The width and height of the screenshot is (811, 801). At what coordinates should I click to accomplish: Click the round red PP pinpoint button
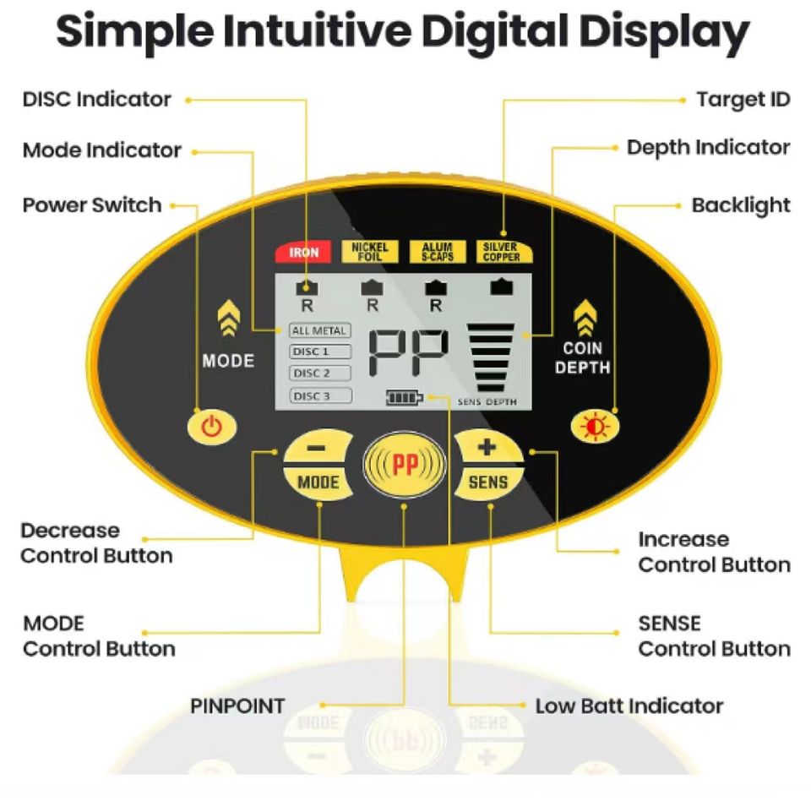tap(405, 466)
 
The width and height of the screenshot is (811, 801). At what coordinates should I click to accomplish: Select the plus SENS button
tap(488, 466)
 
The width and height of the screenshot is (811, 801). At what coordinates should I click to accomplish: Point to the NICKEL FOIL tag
tap(369, 252)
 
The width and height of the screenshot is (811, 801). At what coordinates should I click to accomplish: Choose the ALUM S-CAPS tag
tap(437, 252)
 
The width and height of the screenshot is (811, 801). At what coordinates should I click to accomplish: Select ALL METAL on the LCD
tap(318, 331)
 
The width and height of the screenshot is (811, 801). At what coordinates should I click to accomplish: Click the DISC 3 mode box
tap(319, 395)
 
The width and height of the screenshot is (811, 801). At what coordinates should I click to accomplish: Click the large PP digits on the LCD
tap(409, 353)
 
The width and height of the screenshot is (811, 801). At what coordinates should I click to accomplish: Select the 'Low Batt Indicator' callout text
tap(629, 706)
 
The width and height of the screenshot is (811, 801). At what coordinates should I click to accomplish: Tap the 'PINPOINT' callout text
tap(237, 706)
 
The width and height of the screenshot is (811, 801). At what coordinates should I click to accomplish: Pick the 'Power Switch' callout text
tap(91, 205)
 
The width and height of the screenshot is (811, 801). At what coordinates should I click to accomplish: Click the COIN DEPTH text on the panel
tap(583, 358)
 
